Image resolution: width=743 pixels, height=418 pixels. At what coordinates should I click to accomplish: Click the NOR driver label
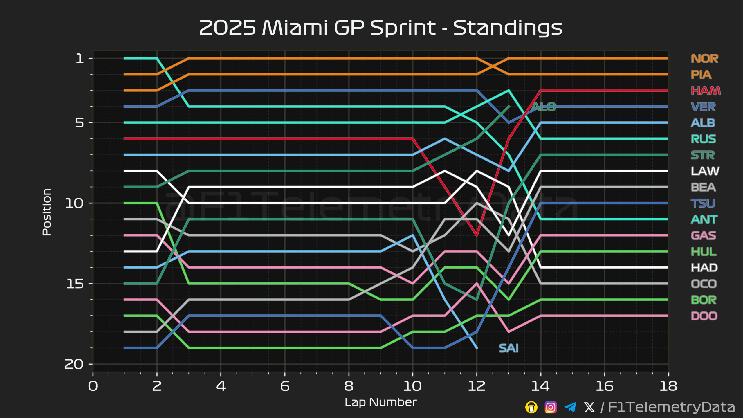pyautogui.click(x=704, y=59)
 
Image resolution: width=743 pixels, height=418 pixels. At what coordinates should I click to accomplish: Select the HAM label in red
pyautogui.click(x=706, y=91)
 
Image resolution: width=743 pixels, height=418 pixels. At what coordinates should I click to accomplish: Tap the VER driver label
pyautogui.click(x=703, y=107)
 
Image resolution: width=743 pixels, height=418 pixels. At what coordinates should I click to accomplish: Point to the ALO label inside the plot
pyautogui.click(x=544, y=107)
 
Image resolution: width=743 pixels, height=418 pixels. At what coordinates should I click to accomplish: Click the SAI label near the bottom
pyautogui.click(x=508, y=348)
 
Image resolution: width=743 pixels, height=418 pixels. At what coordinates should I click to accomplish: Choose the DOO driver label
pyautogui.click(x=704, y=316)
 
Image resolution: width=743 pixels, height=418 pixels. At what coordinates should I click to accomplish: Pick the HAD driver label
pyautogui.click(x=704, y=268)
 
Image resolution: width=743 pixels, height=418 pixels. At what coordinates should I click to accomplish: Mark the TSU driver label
pyautogui.click(x=703, y=203)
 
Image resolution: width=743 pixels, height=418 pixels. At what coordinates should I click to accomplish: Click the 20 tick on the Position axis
pyautogui.click(x=74, y=364)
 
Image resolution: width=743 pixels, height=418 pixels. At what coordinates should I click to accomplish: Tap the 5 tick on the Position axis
pyautogui.click(x=80, y=123)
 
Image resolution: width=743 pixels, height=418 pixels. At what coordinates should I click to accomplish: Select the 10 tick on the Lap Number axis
pyautogui.click(x=412, y=386)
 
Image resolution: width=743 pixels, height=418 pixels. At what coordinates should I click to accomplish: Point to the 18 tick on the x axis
pyautogui.click(x=668, y=386)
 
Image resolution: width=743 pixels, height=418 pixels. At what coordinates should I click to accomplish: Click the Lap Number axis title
pyautogui.click(x=380, y=402)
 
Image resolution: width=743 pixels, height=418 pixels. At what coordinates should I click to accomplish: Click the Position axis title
pyautogui.click(x=47, y=212)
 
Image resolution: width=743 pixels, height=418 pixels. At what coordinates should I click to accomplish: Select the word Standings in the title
pyautogui.click(x=508, y=28)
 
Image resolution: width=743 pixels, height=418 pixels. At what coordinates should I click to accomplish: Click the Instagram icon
pyautogui.click(x=551, y=407)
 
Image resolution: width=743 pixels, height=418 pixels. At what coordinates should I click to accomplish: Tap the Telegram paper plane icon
pyautogui.click(x=570, y=407)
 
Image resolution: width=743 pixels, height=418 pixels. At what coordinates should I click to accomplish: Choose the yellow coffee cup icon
pyautogui.click(x=531, y=407)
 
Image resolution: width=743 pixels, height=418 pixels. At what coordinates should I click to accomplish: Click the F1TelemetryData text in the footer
pyautogui.click(x=671, y=407)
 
